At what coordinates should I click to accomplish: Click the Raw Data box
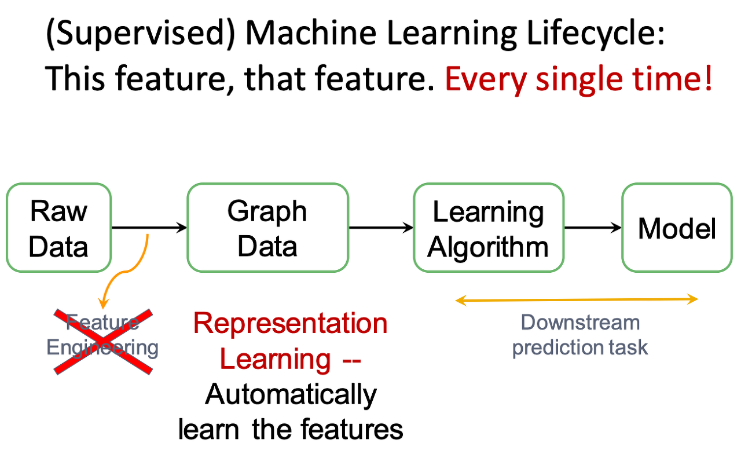[x=59, y=228]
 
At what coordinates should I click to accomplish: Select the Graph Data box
[x=268, y=228]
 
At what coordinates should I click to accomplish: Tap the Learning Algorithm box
[x=489, y=228]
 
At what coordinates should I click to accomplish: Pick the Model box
[x=677, y=228]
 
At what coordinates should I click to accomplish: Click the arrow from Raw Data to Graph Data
[x=149, y=228]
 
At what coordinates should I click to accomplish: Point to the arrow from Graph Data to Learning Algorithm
[x=381, y=228]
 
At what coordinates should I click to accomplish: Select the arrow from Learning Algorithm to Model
[x=593, y=228]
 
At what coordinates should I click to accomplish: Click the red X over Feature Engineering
[x=103, y=342]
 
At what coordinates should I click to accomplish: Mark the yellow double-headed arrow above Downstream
[x=577, y=300]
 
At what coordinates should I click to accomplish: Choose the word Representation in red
[x=290, y=323]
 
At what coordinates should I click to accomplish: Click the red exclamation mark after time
[x=708, y=78]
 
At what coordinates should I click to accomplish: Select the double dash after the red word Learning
[x=351, y=361]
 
